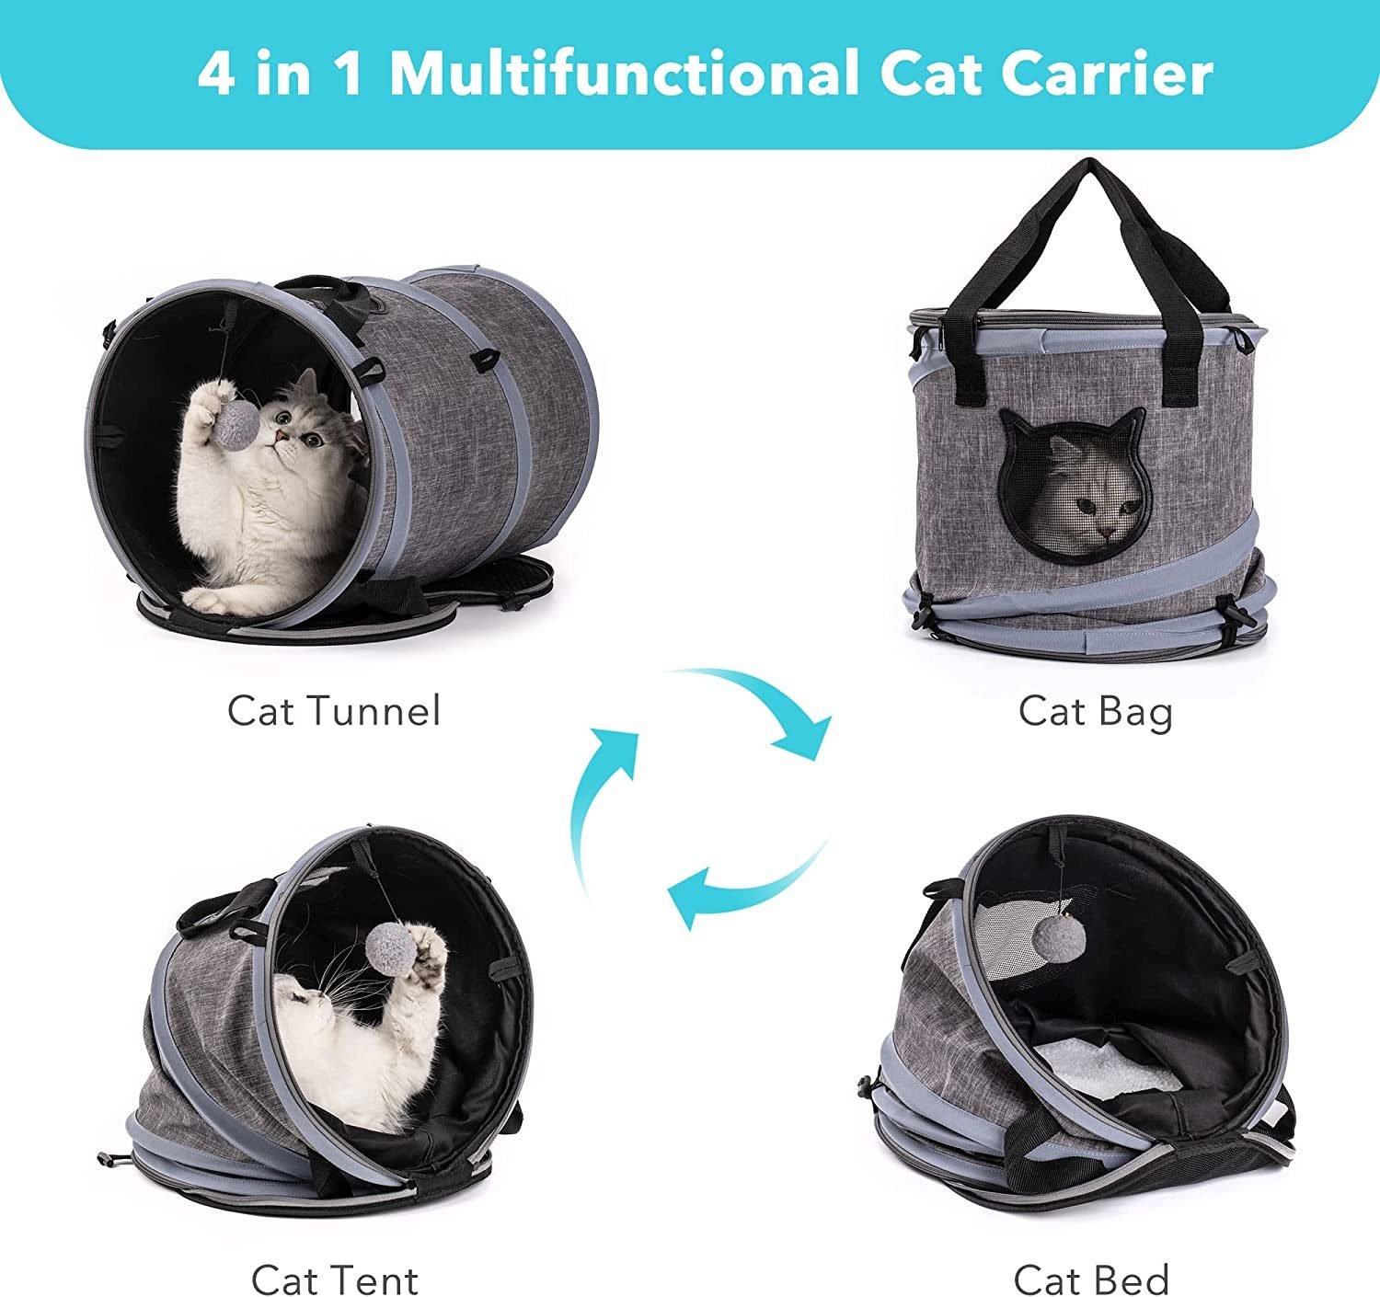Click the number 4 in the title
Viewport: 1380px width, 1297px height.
(x=216, y=73)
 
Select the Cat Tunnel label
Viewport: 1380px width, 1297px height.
(x=334, y=710)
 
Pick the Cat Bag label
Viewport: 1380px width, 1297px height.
(x=1096, y=713)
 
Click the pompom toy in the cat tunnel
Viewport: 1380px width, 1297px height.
(x=238, y=425)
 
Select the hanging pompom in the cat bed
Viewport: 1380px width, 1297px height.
(x=1058, y=939)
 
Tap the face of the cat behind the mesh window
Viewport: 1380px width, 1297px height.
(x=1098, y=511)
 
